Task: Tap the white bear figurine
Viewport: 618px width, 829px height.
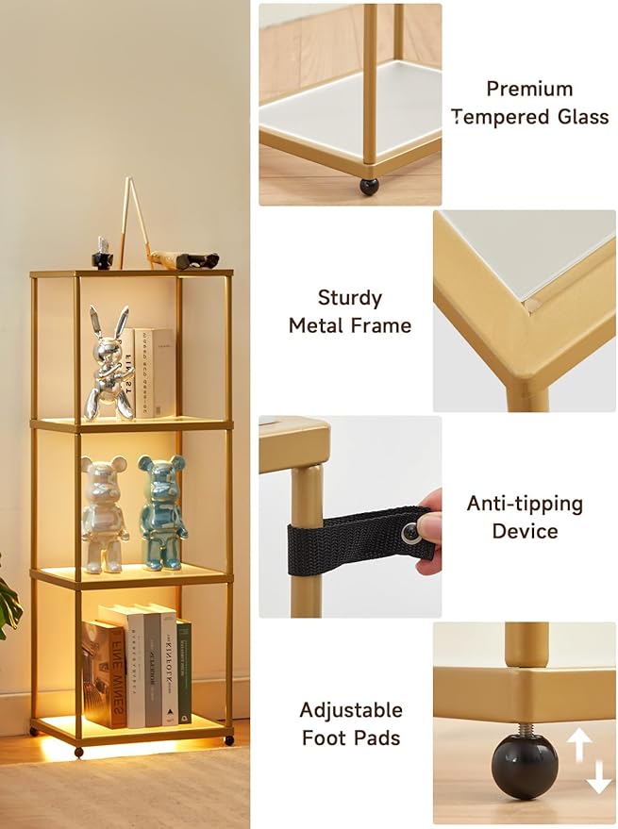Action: (104, 514)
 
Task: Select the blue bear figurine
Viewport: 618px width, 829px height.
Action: (162, 513)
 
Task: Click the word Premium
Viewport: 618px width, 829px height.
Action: (529, 89)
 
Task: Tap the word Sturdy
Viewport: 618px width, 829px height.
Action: (350, 298)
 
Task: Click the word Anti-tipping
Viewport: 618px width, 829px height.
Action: (525, 504)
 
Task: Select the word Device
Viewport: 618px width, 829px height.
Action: (525, 531)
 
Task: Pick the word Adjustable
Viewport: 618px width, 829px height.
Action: (351, 710)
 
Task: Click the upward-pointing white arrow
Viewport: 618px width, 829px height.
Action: (579, 744)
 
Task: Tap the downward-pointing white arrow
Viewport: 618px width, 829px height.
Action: (598, 776)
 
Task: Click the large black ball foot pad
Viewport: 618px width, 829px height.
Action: (525, 767)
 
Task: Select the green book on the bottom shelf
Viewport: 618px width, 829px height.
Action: (184, 671)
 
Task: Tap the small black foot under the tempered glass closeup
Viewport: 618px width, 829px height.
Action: (369, 187)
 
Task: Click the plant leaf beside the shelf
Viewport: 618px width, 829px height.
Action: (9, 603)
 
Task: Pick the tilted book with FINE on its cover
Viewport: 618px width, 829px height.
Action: (105, 674)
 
